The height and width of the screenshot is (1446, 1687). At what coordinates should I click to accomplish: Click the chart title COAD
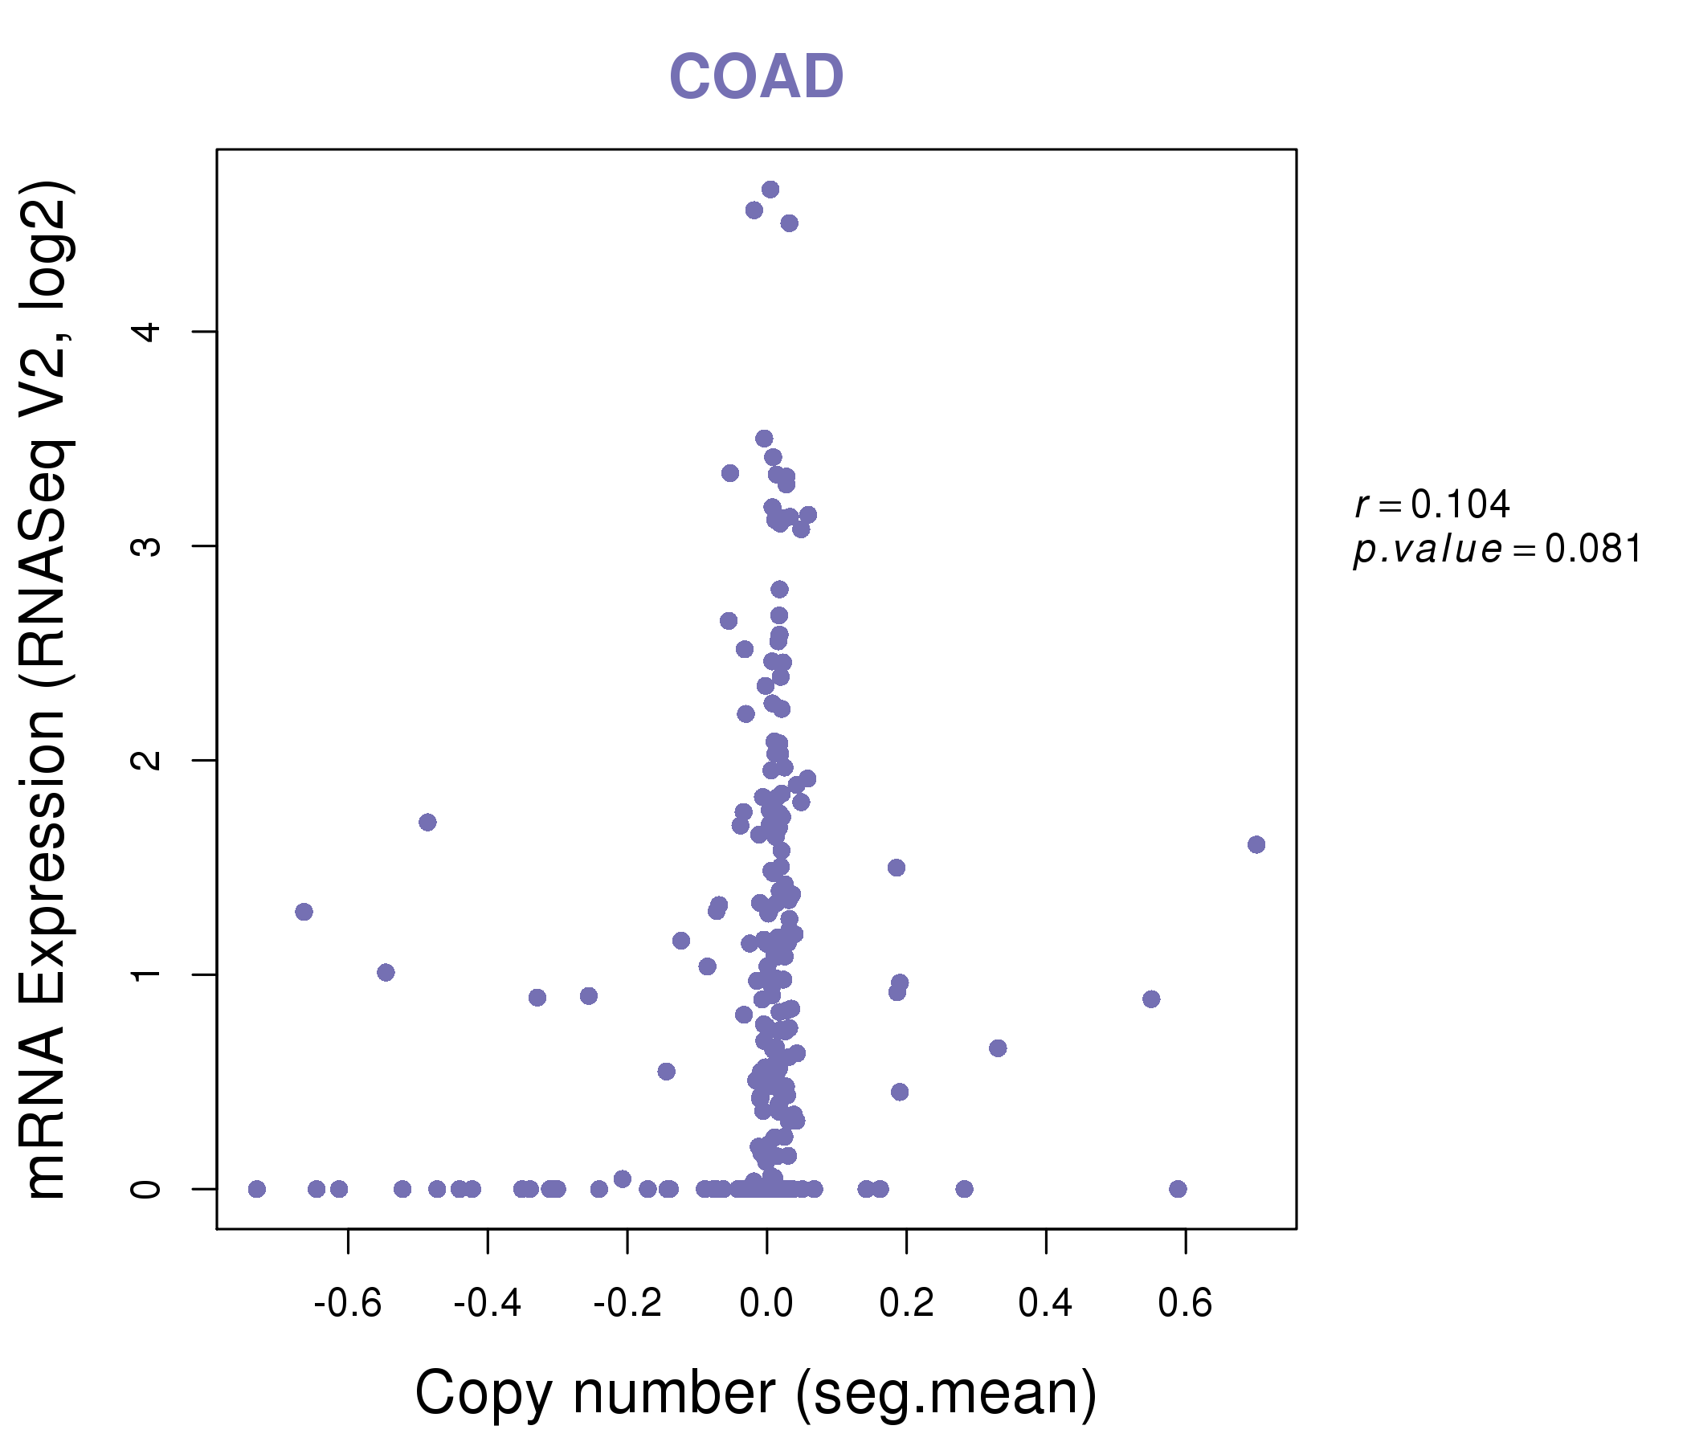point(756,77)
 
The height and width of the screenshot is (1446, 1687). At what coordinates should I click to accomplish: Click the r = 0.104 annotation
point(1432,504)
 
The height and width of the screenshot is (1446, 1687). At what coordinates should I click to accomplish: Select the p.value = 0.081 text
point(1497,549)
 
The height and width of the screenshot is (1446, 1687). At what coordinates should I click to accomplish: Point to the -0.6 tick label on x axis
point(348,1304)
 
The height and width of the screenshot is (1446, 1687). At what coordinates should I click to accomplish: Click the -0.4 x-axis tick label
point(487,1304)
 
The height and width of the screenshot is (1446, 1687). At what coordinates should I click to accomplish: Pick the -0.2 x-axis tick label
point(627,1304)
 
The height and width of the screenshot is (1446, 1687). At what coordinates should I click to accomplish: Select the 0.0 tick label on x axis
point(766,1304)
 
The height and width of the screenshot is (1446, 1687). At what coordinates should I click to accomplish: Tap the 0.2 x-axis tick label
point(906,1304)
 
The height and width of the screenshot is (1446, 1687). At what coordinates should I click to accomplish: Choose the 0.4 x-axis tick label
point(1045,1304)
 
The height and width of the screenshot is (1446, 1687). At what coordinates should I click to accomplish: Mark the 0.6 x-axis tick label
point(1186,1304)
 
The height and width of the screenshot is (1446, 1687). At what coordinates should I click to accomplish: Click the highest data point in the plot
point(770,190)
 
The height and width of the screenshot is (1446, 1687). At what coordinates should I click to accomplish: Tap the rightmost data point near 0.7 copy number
point(1256,844)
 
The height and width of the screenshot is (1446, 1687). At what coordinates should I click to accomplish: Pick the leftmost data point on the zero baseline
point(256,1189)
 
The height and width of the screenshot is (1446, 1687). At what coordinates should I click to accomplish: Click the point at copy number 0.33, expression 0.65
point(998,1048)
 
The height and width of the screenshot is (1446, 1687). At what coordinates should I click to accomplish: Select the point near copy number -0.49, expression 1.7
point(427,823)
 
